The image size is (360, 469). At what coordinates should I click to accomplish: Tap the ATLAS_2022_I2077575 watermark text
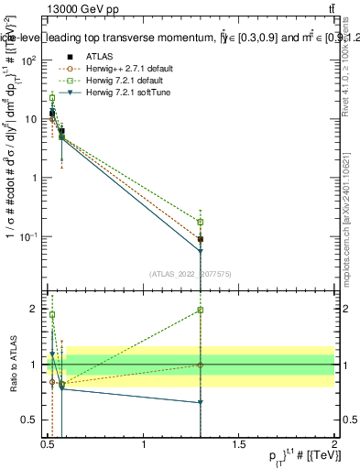coord(191,273)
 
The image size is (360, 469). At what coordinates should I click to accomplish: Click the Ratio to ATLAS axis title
coord(13,364)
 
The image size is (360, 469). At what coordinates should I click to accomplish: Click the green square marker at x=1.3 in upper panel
coord(201,222)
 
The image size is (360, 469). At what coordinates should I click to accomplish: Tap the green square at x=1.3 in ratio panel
coord(201,311)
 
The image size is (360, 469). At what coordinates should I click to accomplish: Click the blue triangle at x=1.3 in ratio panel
coord(201,402)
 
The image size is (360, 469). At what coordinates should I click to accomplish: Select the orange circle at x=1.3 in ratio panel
coord(201,365)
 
